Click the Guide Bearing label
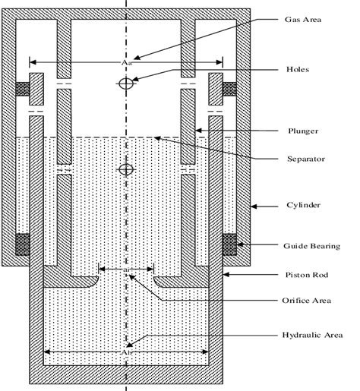[311, 245]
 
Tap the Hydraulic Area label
[312, 334]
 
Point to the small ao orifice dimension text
[126, 269]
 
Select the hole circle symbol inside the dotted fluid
[126, 169]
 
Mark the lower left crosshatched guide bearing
[24, 245]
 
